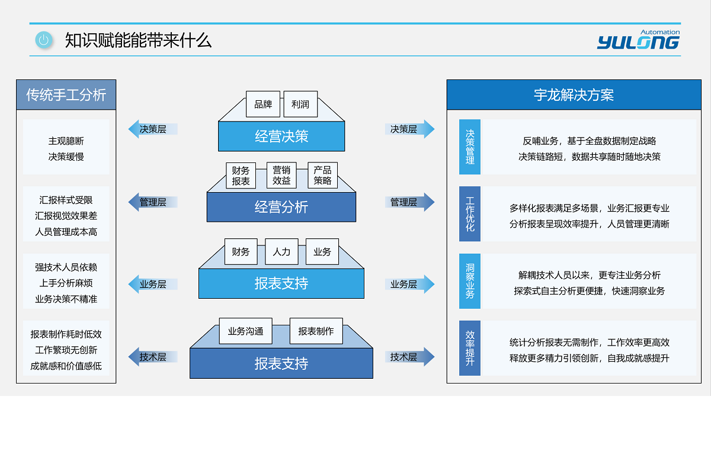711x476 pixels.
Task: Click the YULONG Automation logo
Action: (638, 40)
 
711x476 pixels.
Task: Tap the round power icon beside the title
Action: (43, 40)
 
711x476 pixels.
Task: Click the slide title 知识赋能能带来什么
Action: (138, 40)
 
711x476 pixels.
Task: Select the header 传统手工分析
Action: (66, 95)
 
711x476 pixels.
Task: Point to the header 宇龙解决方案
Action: (574, 95)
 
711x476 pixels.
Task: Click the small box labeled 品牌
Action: (263, 104)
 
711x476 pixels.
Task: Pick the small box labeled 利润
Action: (300, 104)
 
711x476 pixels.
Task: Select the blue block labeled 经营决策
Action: (281, 136)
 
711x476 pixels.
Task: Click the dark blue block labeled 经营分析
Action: (281, 207)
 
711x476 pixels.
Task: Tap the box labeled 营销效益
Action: (281, 175)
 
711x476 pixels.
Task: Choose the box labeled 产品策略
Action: (322, 175)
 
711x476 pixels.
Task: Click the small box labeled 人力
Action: (281, 252)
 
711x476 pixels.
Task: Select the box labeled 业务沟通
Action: (245, 331)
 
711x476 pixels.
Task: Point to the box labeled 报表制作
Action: (316, 331)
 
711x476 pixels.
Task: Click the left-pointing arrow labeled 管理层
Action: (152, 202)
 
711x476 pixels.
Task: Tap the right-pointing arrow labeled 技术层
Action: (409, 357)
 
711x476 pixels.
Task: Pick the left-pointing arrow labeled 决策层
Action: (152, 129)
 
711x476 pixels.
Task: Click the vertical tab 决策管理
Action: (470, 147)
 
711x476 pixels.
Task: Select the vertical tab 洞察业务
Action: (470, 281)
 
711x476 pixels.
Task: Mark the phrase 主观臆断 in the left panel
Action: (66, 141)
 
